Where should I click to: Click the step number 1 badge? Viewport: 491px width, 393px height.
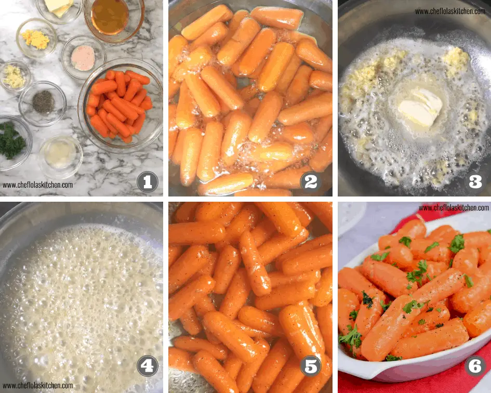pos(148,182)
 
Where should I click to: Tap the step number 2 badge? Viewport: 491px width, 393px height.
pos(311,182)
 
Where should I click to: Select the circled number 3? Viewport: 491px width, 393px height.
pos(475,182)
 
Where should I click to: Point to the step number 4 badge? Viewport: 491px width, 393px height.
pos(148,366)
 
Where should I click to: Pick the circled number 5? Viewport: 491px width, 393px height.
pos(311,366)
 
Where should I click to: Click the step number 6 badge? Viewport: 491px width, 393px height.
pos(475,366)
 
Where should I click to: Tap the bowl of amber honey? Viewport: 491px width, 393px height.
pos(110,17)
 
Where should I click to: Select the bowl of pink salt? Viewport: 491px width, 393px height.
pos(83,57)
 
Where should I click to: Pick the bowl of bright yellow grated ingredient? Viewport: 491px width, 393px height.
pos(36,38)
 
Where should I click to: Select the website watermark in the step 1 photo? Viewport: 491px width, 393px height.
pos(37,185)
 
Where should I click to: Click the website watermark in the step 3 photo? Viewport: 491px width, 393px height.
pos(450,11)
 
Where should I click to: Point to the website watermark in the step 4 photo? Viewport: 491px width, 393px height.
pos(37,386)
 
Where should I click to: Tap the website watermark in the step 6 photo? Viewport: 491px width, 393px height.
pos(454,208)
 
